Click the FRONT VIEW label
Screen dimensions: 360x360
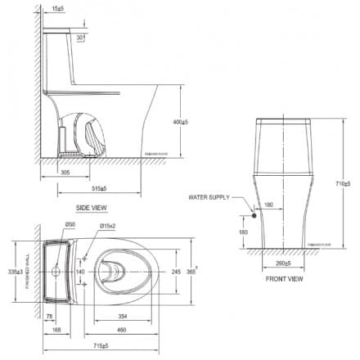point(284,279)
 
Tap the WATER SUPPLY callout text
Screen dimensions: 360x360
point(209,197)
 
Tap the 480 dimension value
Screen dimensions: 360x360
point(121,330)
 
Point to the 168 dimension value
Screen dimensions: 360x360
point(56,330)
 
